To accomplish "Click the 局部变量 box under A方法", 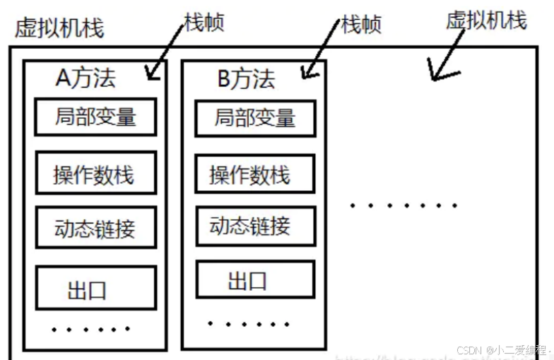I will pos(95,117).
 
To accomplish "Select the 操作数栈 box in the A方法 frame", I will pos(95,173).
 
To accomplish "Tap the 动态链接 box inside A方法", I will pos(95,228).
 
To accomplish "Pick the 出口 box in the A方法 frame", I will pos(95,289).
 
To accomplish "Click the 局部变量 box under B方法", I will pos(255,118).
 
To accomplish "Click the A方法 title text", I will pos(86,78).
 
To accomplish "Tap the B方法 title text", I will pos(245,79).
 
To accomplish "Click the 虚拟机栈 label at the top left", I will pos(59,28).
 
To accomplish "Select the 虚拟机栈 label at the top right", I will pos(486,20).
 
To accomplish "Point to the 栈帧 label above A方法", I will pos(204,22).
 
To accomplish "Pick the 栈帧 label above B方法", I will pos(361,25).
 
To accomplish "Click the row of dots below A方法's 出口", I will pos(90,329).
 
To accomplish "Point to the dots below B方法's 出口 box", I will pos(249,323).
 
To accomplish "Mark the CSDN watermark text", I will pos(502,351).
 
